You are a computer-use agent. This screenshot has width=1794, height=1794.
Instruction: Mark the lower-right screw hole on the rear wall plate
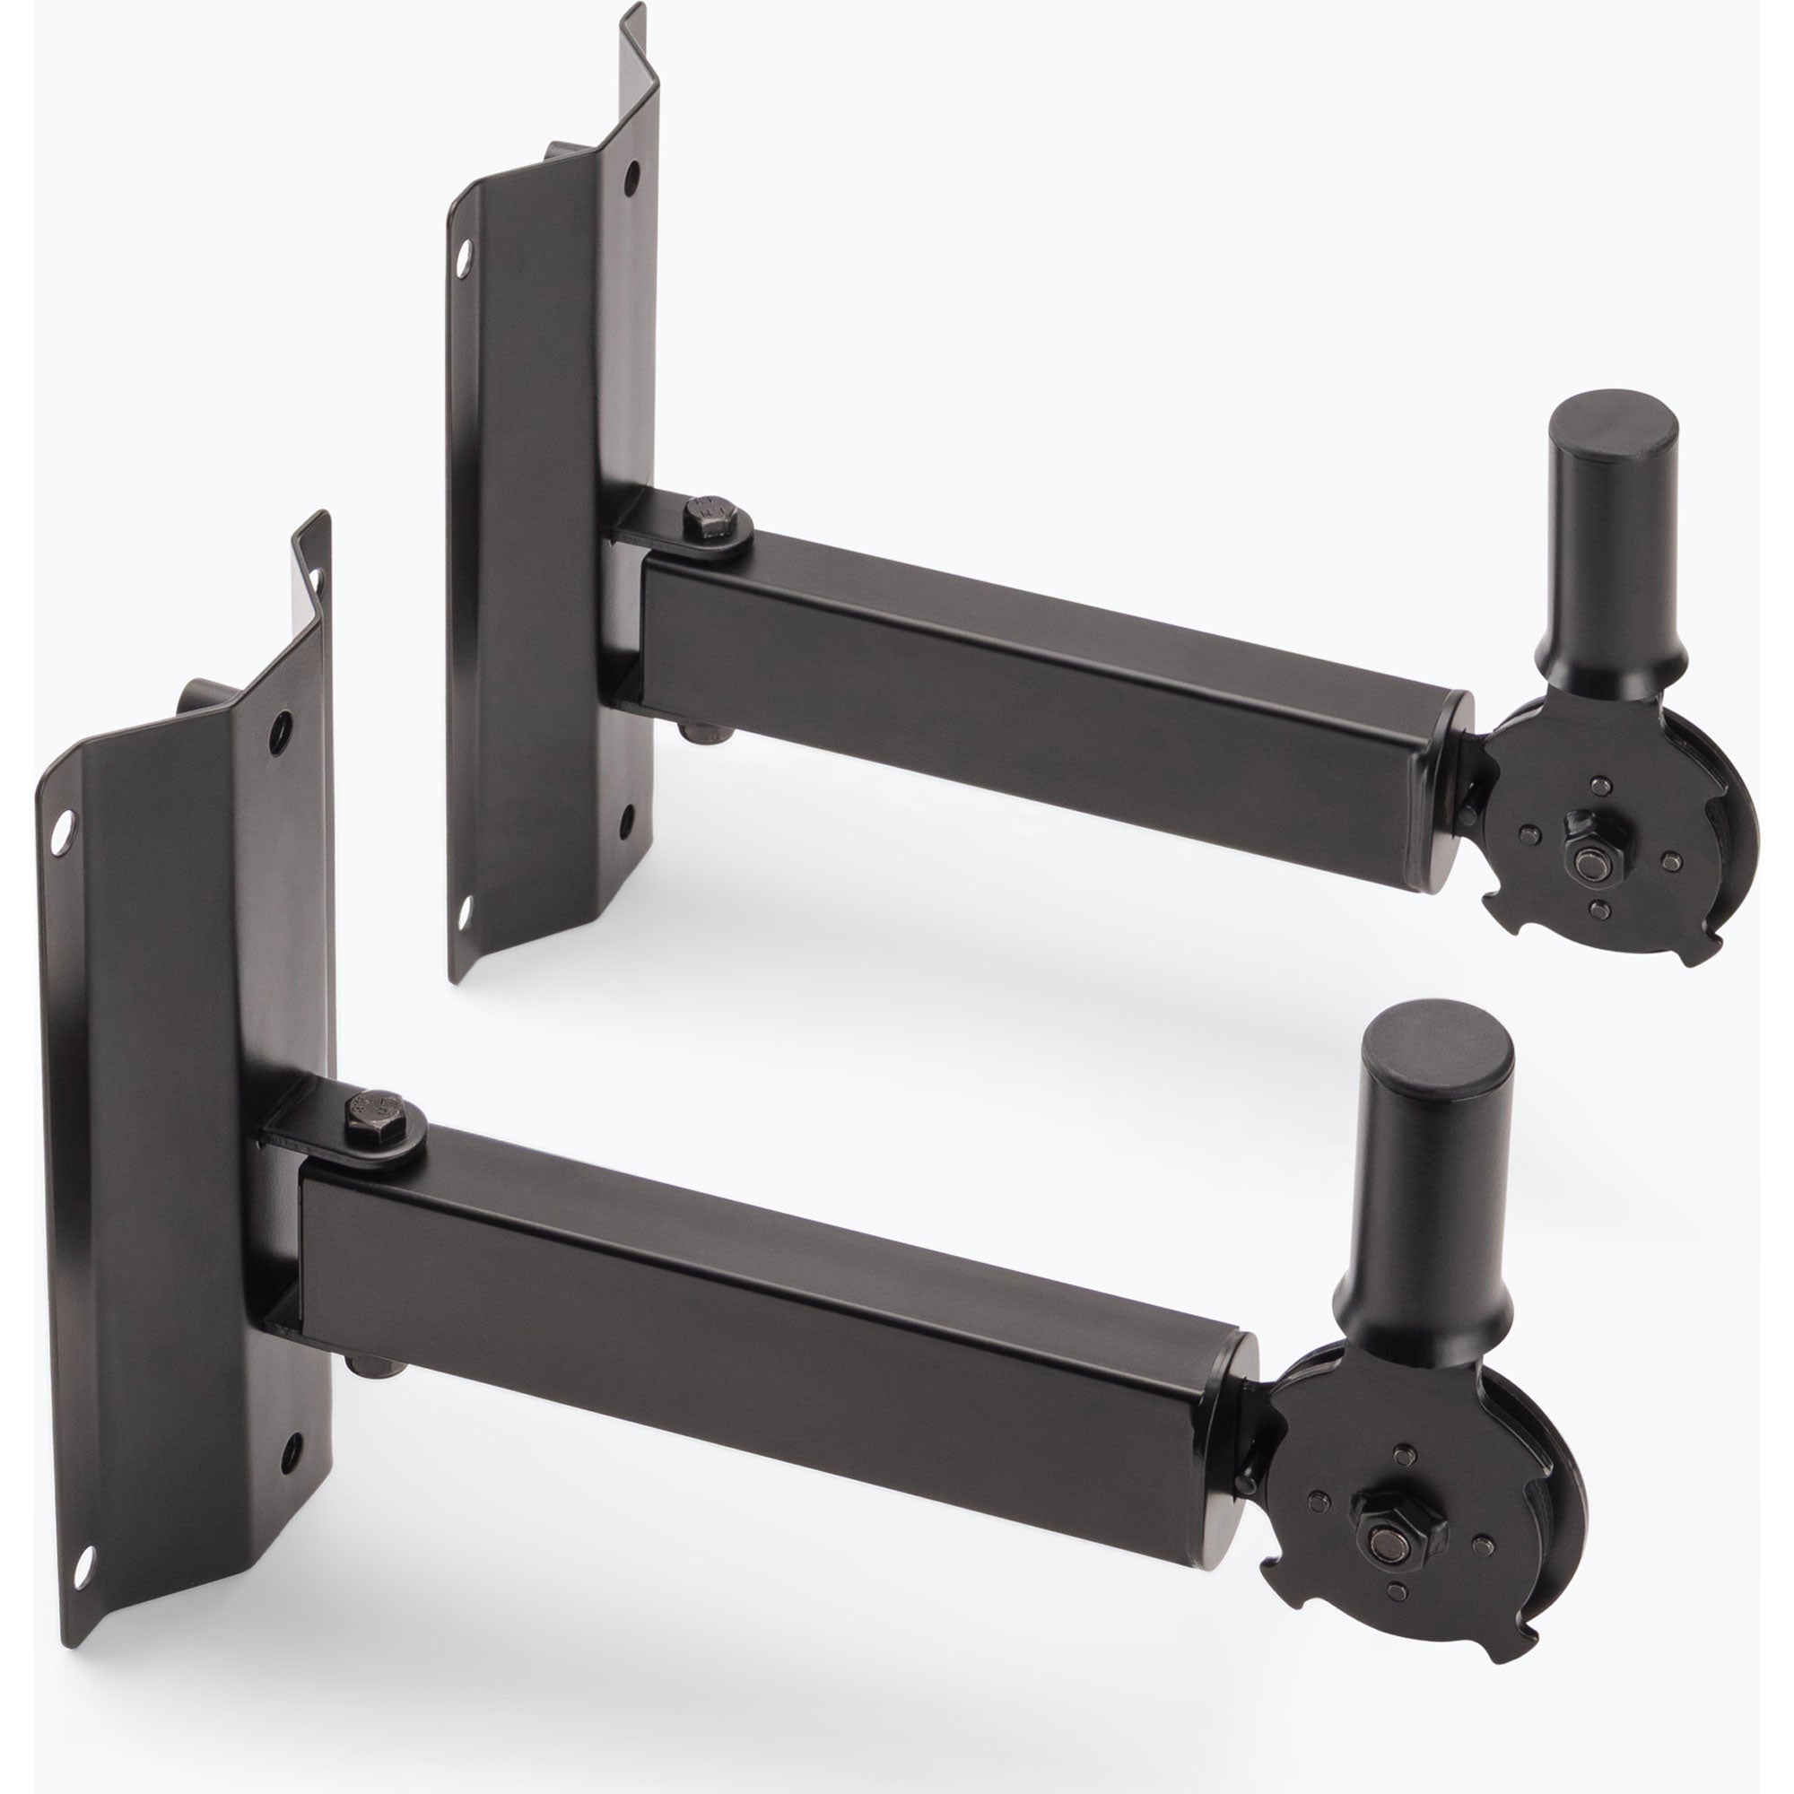pyautogui.click(x=627, y=817)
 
